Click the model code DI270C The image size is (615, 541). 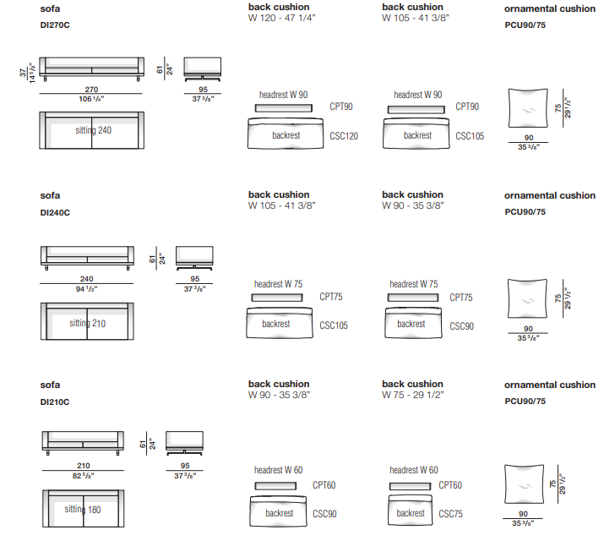[x=55, y=24]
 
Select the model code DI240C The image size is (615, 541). [x=55, y=212]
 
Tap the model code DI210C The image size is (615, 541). [x=55, y=402]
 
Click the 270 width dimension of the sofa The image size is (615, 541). [x=92, y=90]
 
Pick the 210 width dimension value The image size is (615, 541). [x=82, y=466]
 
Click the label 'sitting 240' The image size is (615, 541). [x=93, y=130]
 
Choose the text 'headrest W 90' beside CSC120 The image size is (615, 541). [x=284, y=95]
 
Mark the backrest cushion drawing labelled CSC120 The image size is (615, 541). [x=286, y=134]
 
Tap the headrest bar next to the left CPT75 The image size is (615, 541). [x=276, y=298]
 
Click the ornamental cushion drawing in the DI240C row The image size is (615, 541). [x=529, y=299]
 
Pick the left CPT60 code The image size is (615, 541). [x=324, y=485]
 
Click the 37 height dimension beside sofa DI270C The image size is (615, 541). [x=24, y=74]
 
